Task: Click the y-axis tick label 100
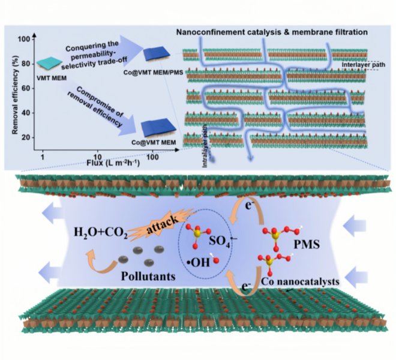pyautogui.click(x=22, y=40)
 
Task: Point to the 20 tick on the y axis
pyautogui.click(x=24, y=138)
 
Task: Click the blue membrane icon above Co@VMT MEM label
pyautogui.click(x=158, y=126)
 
